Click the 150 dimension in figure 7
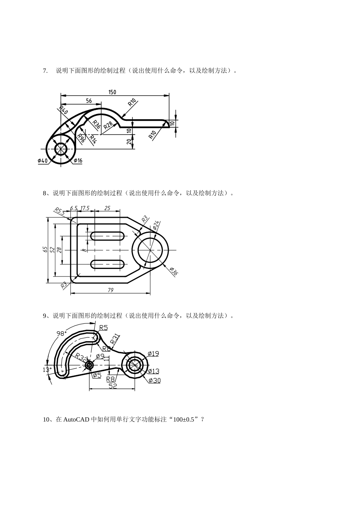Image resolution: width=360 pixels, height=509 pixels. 112,92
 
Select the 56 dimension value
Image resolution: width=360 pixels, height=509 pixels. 89,101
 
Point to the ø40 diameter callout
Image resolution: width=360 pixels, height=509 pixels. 43,161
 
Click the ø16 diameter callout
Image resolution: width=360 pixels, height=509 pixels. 78,161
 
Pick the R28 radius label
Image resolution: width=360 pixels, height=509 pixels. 108,125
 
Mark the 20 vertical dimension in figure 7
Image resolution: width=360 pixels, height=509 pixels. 129,141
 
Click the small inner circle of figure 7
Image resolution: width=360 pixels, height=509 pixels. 61,149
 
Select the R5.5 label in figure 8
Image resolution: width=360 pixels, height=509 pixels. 59,211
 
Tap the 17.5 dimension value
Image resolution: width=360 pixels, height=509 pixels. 85,208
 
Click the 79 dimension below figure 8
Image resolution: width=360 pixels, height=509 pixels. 111,290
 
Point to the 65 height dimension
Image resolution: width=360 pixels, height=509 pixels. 45,250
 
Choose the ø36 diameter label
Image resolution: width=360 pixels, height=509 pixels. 174,271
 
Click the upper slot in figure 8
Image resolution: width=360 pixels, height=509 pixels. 108,236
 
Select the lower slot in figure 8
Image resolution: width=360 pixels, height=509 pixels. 108,264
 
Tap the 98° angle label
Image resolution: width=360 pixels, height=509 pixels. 61,333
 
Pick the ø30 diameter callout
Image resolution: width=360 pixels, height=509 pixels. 154,380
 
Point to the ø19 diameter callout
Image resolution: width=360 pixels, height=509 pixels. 153,354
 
